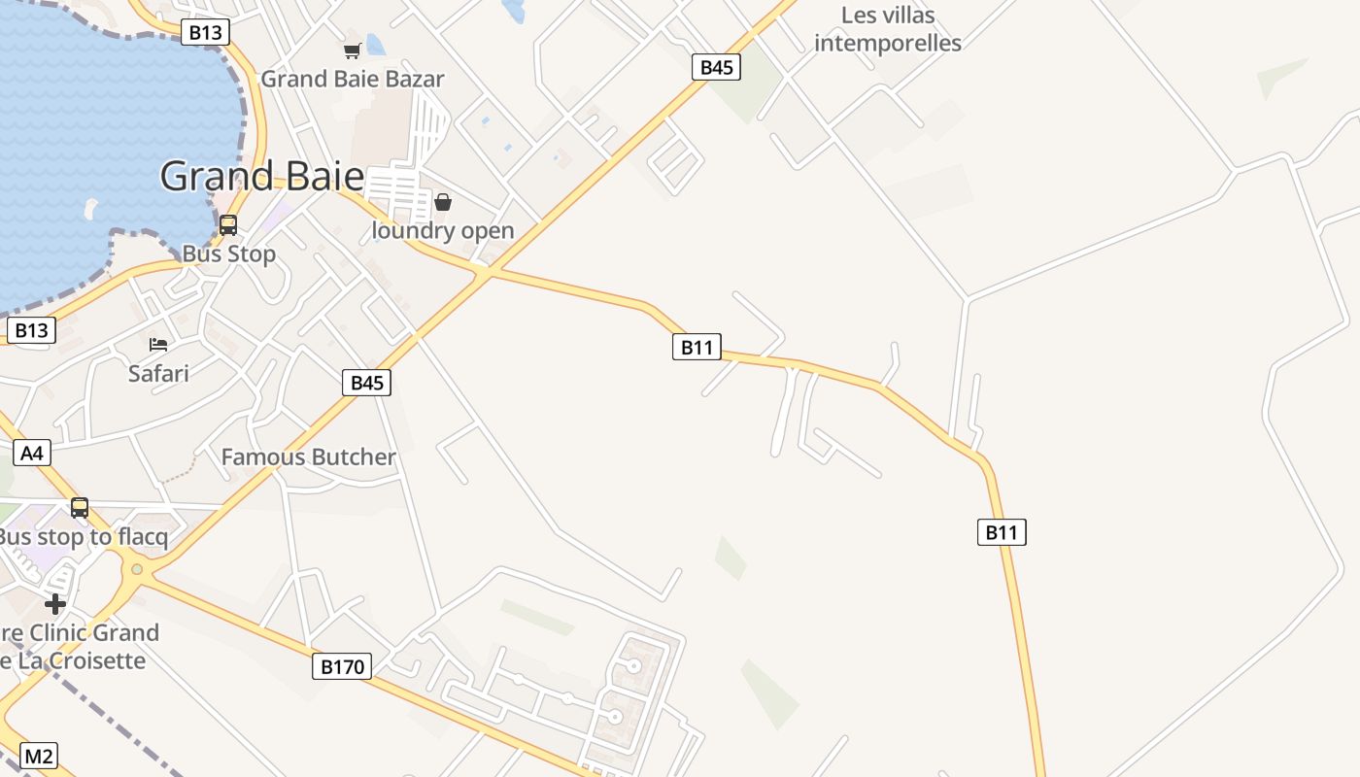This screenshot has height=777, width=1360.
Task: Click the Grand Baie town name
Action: tap(261, 177)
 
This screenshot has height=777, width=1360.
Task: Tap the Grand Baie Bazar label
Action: tap(352, 80)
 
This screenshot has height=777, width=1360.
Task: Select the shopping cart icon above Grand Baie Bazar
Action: tap(352, 51)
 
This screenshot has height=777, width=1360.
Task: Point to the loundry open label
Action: tap(443, 231)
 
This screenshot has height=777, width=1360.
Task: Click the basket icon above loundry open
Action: tap(443, 202)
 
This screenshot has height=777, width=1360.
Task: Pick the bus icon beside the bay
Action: tap(228, 225)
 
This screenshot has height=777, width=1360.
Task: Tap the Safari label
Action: tap(158, 373)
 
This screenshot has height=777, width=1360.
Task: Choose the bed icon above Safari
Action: tap(158, 345)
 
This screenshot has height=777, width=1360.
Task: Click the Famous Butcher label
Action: tap(309, 457)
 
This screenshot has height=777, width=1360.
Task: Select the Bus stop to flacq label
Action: tap(84, 537)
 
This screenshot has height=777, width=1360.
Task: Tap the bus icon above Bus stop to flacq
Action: tap(80, 507)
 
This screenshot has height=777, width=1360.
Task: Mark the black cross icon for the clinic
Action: tap(55, 604)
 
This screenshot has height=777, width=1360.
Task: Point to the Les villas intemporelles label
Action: tap(887, 29)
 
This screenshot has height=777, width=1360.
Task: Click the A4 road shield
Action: tap(32, 453)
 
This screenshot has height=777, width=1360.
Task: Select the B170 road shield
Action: tap(342, 666)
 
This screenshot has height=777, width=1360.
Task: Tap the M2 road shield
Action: tap(39, 757)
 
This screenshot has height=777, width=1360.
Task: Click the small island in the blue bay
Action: tap(90, 210)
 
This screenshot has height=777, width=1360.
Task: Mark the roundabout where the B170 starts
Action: tap(137, 569)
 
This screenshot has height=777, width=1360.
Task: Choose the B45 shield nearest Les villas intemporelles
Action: tap(716, 67)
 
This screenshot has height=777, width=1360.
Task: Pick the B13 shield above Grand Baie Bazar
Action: tap(205, 32)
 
